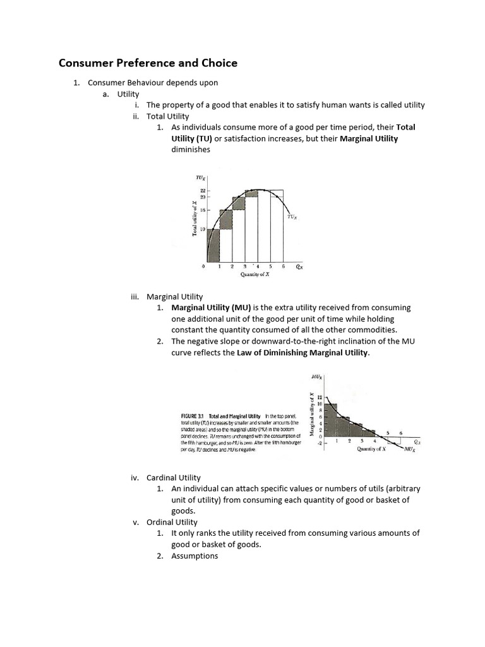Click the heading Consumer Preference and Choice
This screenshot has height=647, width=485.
coord(148,63)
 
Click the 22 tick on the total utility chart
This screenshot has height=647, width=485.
coord(203,190)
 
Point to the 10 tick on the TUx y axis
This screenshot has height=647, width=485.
coord(203,229)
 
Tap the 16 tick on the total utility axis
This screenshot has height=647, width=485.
coord(203,209)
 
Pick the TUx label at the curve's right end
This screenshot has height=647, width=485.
coord(292,217)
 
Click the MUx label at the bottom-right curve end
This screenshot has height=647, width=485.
coord(409,449)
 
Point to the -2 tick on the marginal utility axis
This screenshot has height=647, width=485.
coord(320,444)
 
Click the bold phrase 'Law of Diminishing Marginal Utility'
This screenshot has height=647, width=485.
coord(302,353)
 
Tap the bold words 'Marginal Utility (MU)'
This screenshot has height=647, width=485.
coord(211,307)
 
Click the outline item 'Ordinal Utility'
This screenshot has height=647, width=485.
coord(172,522)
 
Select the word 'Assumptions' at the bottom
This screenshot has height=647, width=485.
coord(195,556)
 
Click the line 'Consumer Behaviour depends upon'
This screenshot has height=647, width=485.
coord(153,83)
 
